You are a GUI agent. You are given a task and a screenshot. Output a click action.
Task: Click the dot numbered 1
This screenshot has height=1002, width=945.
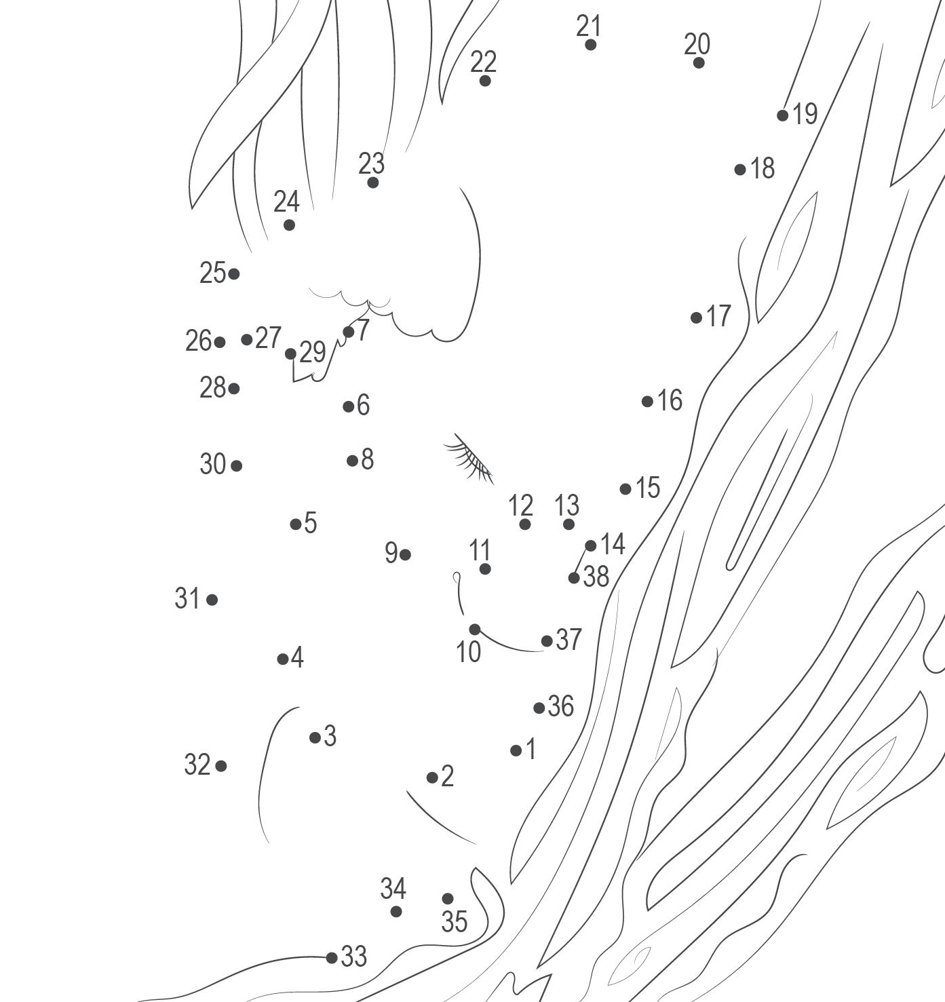pos(516,750)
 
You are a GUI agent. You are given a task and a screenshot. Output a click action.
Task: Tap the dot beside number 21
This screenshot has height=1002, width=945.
pos(590,45)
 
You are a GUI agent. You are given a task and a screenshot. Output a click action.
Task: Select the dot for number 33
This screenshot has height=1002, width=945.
pos(332,958)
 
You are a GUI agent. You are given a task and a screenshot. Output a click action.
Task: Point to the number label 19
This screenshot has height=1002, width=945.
pos(805,113)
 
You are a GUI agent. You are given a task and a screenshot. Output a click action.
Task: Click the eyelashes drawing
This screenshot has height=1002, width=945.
pos(469,459)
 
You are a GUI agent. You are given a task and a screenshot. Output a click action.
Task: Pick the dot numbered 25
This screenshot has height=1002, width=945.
pos(234,274)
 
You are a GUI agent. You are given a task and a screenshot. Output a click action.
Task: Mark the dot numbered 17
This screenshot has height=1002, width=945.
pos(697,317)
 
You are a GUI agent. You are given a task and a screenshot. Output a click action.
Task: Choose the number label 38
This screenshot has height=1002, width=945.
pos(596,577)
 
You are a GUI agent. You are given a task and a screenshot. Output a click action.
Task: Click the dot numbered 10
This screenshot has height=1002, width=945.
pos(475,630)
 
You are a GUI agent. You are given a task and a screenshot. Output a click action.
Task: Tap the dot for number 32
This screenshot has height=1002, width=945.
pos(221,766)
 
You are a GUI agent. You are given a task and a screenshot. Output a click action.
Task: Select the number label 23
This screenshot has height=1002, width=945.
pos(371,163)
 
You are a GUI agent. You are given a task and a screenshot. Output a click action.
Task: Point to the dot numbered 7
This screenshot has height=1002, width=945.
pos(349,332)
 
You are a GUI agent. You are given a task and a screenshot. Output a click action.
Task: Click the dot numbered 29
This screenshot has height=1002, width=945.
pos(290,353)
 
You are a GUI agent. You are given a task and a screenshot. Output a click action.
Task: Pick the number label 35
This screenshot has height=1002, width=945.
pos(454,921)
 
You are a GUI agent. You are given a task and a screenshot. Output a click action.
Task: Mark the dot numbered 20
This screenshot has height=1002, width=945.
pos(699,63)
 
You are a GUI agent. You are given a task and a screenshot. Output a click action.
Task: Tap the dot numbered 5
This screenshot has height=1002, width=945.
pos(296,524)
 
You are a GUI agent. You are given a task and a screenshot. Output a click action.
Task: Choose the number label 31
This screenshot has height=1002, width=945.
pos(187,598)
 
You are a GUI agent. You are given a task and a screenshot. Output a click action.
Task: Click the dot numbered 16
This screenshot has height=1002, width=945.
pos(647,402)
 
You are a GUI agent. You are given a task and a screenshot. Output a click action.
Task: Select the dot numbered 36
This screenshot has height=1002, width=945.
pos(539,708)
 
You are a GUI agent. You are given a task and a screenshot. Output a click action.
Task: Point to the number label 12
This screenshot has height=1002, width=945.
pos(520,505)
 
